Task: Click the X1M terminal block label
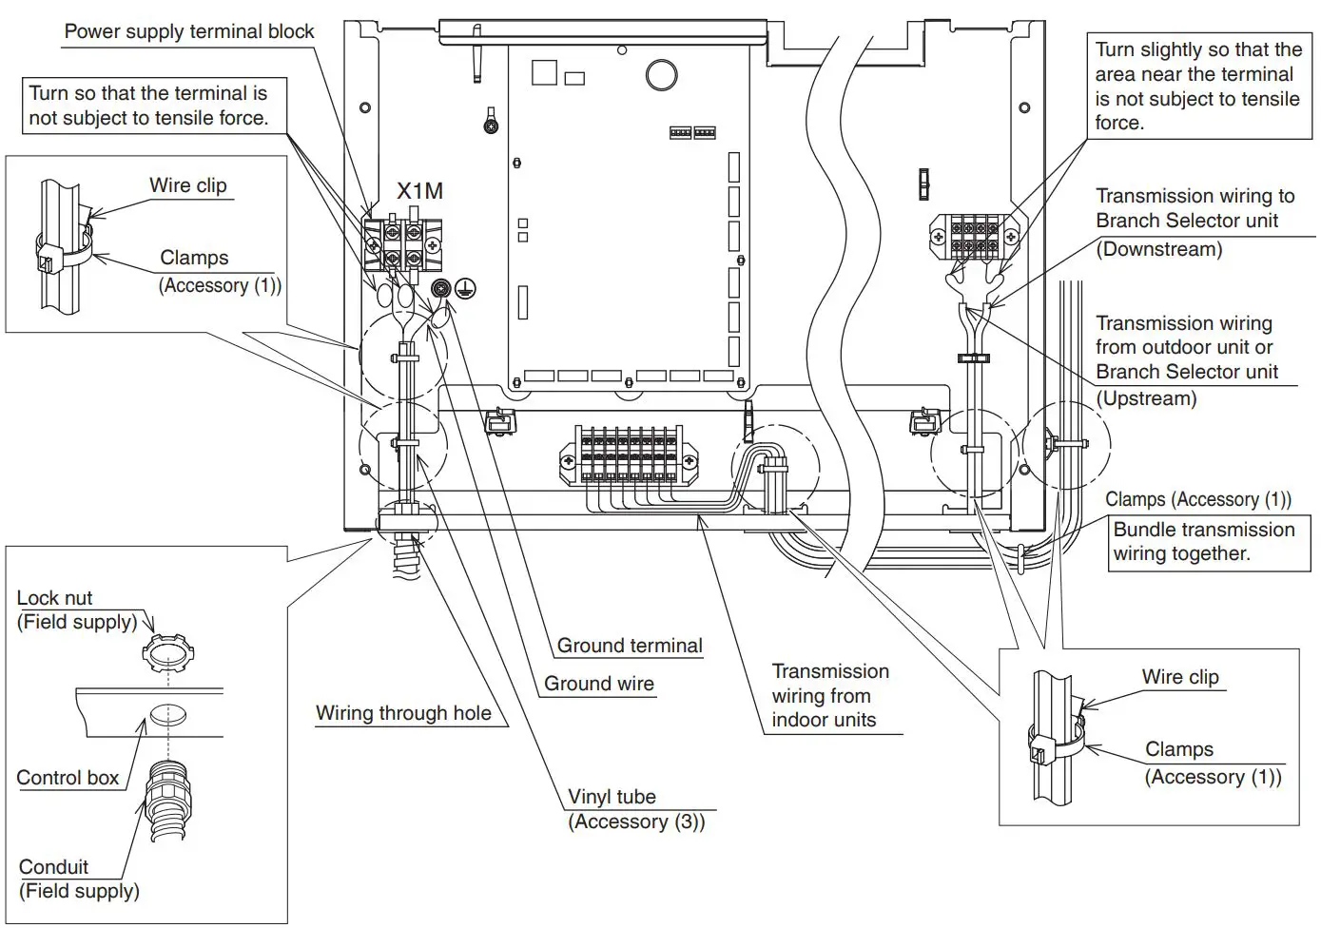pyautogui.click(x=419, y=191)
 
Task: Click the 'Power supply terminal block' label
pyautogui.click(x=188, y=31)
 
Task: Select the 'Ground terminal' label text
pyautogui.click(x=629, y=646)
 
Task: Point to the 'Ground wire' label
pyautogui.click(x=598, y=684)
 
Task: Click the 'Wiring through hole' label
pyautogui.click(x=403, y=713)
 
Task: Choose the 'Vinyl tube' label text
pyautogui.click(x=612, y=797)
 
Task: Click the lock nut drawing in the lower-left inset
pyautogui.click(x=167, y=654)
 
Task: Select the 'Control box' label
pyautogui.click(x=68, y=778)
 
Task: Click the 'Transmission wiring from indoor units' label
pyautogui.click(x=829, y=696)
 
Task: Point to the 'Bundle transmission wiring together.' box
pyautogui.click(x=1204, y=542)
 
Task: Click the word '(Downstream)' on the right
pyautogui.click(x=1158, y=249)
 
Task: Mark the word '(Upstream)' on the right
pyautogui.click(x=1146, y=398)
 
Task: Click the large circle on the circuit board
pyautogui.click(x=661, y=75)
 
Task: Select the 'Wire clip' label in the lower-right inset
pyautogui.click(x=1179, y=677)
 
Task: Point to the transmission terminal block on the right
pyautogui.click(x=974, y=237)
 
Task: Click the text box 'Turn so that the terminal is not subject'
pyautogui.click(x=148, y=106)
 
